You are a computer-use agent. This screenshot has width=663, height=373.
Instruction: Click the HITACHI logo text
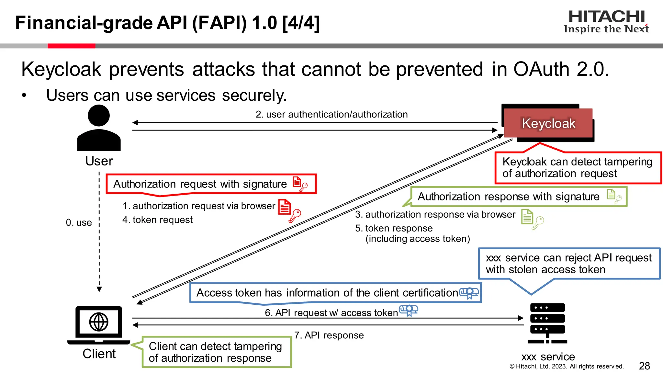click(x=606, y=17)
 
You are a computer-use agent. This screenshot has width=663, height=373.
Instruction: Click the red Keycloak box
click(x=548, y=123)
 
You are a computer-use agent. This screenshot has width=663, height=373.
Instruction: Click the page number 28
click(x=644, y=366)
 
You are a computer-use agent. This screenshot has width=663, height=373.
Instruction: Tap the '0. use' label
click(x=79, y=223)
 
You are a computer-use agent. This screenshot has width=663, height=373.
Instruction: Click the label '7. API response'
click(x=329, y=335)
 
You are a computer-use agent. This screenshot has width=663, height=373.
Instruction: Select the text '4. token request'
click(x=157, y=220)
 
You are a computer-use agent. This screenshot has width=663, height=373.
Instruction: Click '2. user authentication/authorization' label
click(x=331, y=114)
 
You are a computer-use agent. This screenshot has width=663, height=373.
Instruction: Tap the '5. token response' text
click(x=394, y=228)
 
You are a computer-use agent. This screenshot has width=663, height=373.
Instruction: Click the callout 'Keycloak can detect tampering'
click(x=577, y=167)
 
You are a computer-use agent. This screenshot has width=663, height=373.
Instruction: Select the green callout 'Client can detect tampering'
click(x=216, y=352)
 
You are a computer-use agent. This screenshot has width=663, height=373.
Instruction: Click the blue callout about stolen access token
click(x=569, y=264)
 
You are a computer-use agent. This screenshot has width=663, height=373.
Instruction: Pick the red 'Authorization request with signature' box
click(x=211, y=184)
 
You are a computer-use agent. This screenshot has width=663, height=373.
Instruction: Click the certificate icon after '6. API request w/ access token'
click(x=409, y=310)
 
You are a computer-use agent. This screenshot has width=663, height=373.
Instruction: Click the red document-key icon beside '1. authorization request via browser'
click(x=289, y=210)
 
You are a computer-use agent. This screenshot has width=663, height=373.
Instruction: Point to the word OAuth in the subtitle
click(x=541, y=69)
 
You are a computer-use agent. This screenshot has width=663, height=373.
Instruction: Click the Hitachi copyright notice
click(x=566, y=367)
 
